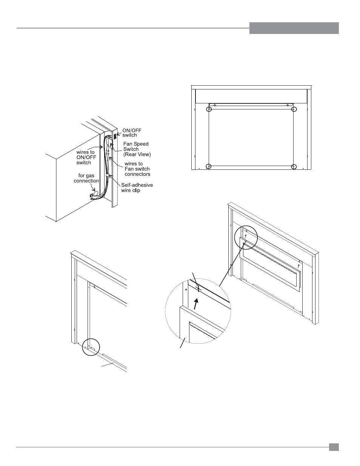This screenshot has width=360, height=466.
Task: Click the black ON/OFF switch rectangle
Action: point(115,137)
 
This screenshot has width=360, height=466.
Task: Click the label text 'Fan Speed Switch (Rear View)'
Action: point(137,149)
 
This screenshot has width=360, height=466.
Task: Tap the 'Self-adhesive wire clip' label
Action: point(137,188)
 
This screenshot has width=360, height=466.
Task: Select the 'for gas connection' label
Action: point(86,178)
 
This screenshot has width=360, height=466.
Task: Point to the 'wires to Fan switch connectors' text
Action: point(137,169)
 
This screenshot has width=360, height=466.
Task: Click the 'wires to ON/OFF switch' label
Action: point(86,157)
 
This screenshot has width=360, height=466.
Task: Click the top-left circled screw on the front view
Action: point(209,109)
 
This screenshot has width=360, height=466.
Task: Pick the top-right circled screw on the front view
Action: point(294,109)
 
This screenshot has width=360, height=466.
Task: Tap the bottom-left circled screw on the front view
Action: point(209,166)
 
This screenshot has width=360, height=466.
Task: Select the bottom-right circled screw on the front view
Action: point(294,167)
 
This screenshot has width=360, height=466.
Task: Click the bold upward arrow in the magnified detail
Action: point(195,304)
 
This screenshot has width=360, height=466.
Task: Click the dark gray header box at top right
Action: point(294,28)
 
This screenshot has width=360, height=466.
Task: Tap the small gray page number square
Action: point(334,447)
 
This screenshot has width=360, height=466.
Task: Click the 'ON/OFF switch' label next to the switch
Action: point(132,133)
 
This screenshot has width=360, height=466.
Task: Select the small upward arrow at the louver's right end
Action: point(298,266)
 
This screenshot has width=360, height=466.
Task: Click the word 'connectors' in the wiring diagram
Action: point(137,174)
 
